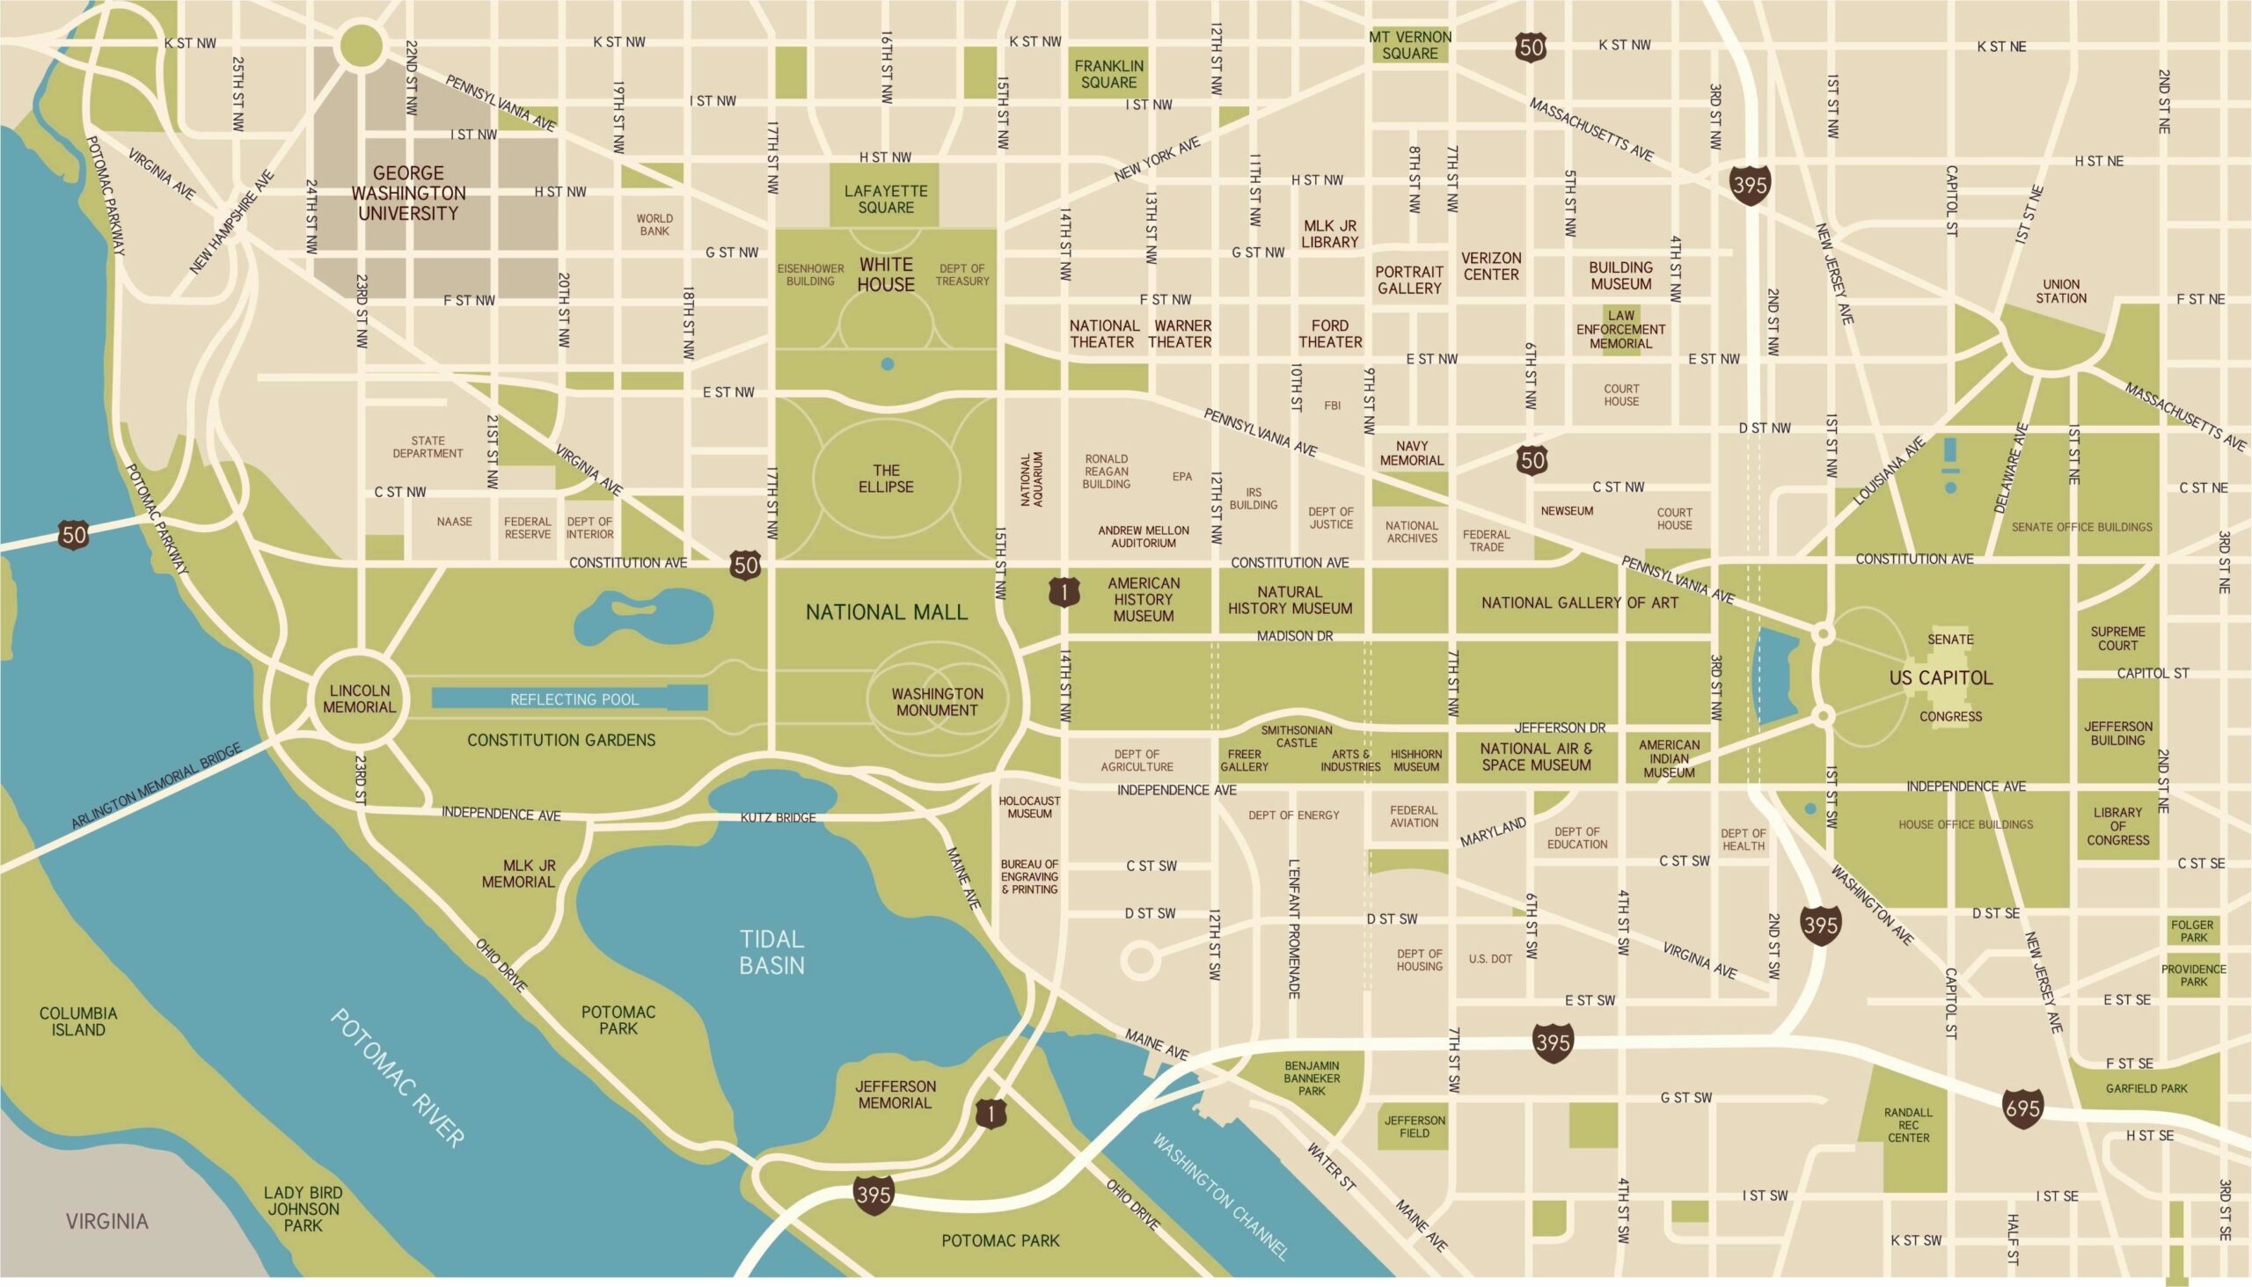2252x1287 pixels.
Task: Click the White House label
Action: (886, 274)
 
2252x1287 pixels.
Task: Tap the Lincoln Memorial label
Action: (360, 698)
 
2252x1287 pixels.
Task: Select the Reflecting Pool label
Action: (574, 699)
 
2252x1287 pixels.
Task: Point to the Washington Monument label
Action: (937, 702)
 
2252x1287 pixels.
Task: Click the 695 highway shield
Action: (2023, 1108)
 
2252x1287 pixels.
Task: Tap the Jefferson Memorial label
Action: (895, 1094)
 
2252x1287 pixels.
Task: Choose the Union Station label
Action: (2061, 291)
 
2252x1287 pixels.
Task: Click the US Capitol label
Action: (1941, 678)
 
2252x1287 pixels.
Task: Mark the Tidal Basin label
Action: (771, 952)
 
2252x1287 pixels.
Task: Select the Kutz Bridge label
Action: (778, 817)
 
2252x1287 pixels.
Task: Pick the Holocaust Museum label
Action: (1029, 806)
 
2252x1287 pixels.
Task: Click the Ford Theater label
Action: (1329, 333)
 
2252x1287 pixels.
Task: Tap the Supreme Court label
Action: (2117, 638)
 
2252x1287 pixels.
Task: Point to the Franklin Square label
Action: (1108, 73)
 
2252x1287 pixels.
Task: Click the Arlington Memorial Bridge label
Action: (157, 786)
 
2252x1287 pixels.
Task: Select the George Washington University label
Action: (408, 193)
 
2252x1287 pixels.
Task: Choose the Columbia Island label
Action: (77, 1021)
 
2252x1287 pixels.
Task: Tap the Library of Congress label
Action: (2117, 825)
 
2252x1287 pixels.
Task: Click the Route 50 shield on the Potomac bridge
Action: (75, 534)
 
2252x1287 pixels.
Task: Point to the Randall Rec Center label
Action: (1908, 1124)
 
